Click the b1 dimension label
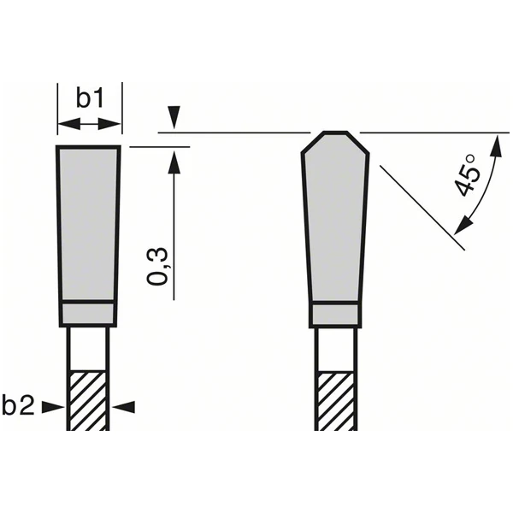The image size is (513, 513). point(90,99)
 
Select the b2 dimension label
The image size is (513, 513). point(19,407)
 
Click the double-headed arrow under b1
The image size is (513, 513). point(90,124)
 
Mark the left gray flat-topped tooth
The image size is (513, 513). point(89,222)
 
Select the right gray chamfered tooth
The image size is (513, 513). point(335,222)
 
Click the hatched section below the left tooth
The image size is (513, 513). point(89,400)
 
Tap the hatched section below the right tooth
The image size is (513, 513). point(335,400)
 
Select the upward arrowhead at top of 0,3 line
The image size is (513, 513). point(175,159)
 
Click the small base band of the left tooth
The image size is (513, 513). point(87,314)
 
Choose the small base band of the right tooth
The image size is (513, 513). point(335,314)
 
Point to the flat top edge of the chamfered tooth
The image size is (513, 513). point(335,133)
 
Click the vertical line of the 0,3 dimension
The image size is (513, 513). point(175,231)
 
